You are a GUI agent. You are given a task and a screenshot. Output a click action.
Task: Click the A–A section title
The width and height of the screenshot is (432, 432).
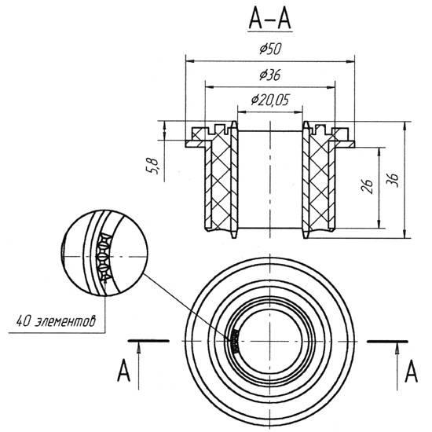coord(269,21)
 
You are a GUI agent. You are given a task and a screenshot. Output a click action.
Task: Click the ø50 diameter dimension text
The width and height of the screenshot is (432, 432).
coord(270,49)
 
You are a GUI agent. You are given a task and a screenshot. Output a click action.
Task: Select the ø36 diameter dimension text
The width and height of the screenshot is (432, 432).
coord(270,75)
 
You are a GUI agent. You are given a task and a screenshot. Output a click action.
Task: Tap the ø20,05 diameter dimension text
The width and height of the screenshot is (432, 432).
coord(270,100)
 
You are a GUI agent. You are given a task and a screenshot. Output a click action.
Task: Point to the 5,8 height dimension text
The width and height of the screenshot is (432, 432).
coord(152,166)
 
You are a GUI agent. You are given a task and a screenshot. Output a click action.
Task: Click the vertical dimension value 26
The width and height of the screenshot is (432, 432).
coord(368,186)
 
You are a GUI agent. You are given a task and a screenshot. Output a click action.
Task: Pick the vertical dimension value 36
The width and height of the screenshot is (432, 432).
coord(392,180)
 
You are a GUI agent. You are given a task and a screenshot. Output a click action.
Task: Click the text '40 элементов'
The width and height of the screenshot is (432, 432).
coord(56,321)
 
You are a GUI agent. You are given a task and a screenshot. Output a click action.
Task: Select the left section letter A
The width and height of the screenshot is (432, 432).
coord(123,371)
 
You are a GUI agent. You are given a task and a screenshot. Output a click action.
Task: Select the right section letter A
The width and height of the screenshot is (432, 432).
coord(411,371)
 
